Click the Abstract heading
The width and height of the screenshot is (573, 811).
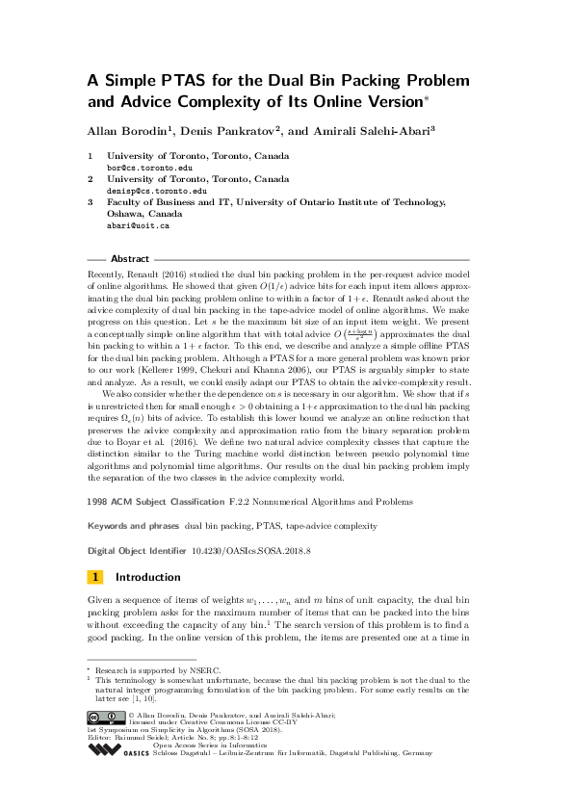click(x=130, y=259)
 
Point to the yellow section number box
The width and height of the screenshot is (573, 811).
click(x=95, y=578)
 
